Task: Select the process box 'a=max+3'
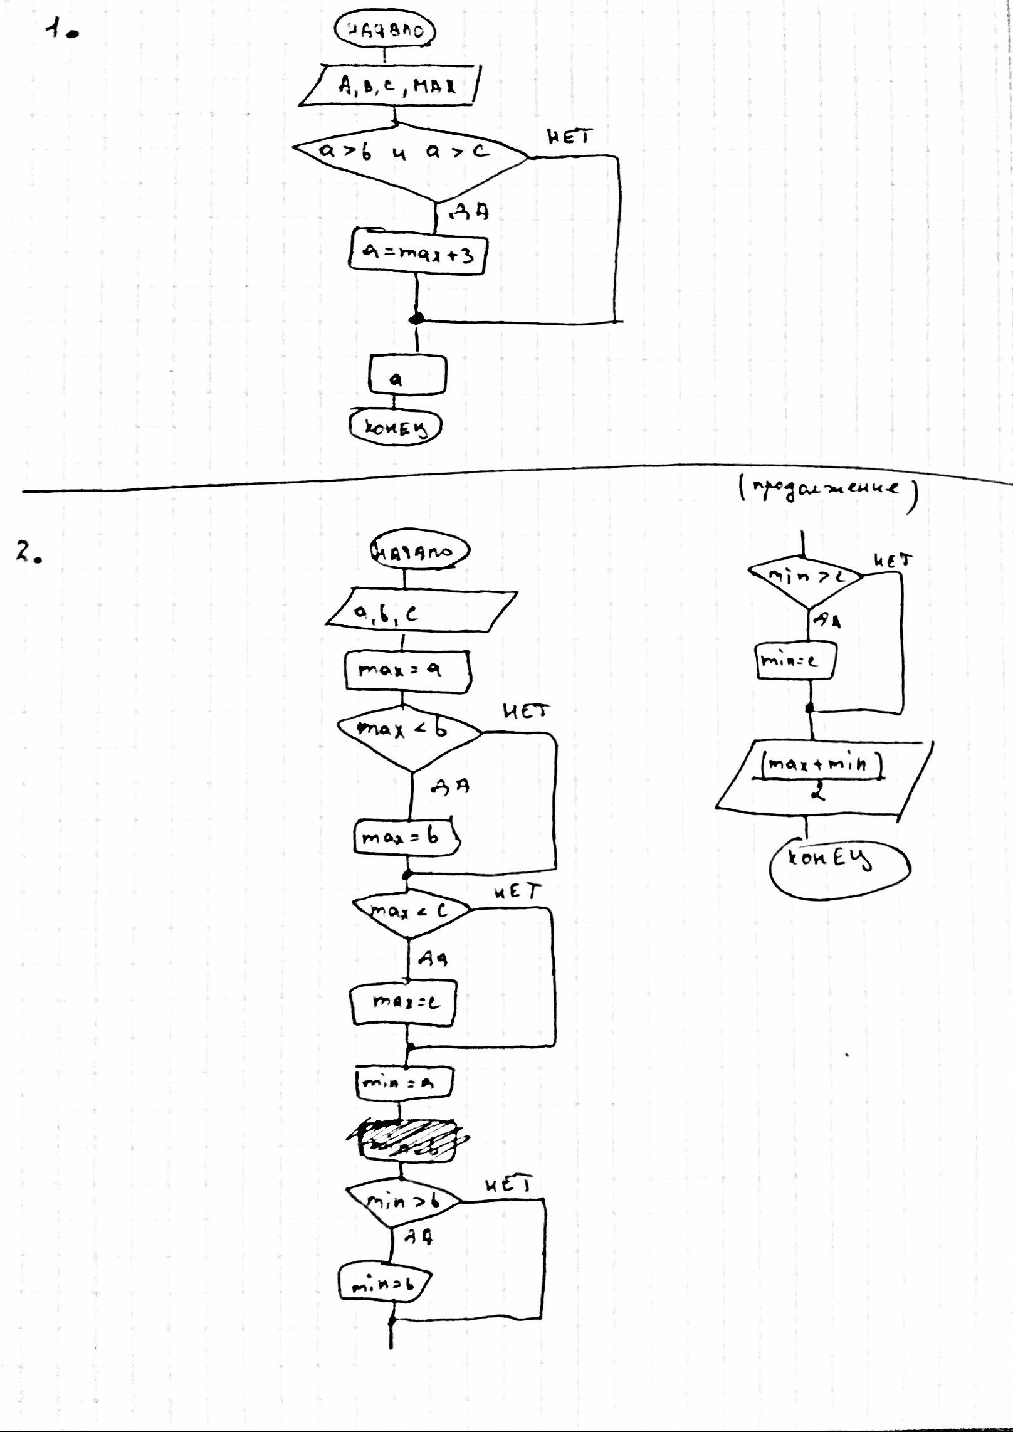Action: [x=417, y=253]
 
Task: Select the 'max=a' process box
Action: [x=407, y=671]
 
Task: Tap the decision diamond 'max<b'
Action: [x=409, y=730]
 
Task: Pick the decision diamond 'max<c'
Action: [x=411, y=912]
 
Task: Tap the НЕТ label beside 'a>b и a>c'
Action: [x=569, y=137]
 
